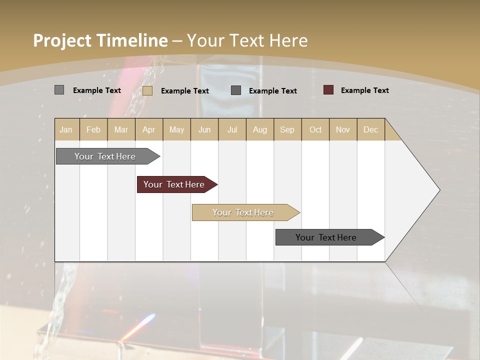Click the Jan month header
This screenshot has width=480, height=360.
(x=66, y=129)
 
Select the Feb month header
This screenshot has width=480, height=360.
(x=93, y=129)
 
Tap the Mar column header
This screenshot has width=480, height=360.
(x=121, y=129)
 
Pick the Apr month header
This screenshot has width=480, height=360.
(x=148, y=129)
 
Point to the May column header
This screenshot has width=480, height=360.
(x=176, y=129)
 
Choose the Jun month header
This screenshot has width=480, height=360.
(x=204, y=129)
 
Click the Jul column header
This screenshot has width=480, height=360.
(x=232, y=129)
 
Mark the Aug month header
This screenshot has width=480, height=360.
(x=260, y=129)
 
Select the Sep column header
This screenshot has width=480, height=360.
(x=287, y=129)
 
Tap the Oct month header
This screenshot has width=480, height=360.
(x=315, y=129)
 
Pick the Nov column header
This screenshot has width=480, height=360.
(x=343, y=129)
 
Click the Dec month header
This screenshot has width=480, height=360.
(x=371, y=129)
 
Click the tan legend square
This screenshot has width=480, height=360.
(x=147, y=90)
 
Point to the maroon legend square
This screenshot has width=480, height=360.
(x=328, y=90)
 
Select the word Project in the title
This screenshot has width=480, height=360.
(x=61, y=40)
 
